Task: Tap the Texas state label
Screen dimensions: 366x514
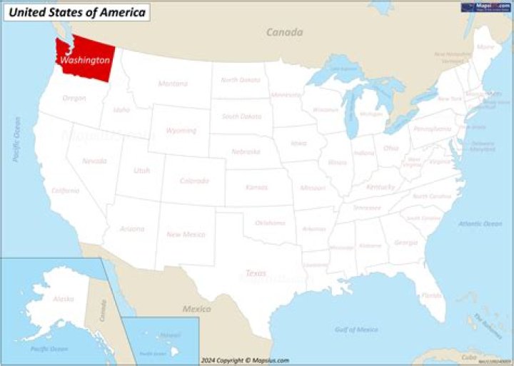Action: pyautogui.click(x=256, y=273)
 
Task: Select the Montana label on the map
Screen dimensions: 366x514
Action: pyautogui.click(x=173, y=83)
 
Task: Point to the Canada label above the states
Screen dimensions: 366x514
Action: pyautogui.click(x=284, y=32)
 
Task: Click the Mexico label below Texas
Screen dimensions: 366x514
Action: pyautogui.click(x=196, y=309)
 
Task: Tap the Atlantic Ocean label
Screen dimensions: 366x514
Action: pyautogui.click(x=480, y=224)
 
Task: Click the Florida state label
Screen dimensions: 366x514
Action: pyautogui.click(x=430, y=295)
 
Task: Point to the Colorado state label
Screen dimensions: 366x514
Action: pyautogui.click(x=194, y=181)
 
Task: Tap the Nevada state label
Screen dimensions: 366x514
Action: pyautogui.click(x=94, y=161)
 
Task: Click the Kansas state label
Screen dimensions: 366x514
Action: pyautogui.click(x=256, y=187)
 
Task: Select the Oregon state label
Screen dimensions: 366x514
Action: pyautogui.click(x=74, y=98)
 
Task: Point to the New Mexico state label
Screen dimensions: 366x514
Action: pyautogui.click(x=186, y=234)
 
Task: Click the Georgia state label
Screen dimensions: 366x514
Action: pyautogui.click(x=405, y=243)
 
